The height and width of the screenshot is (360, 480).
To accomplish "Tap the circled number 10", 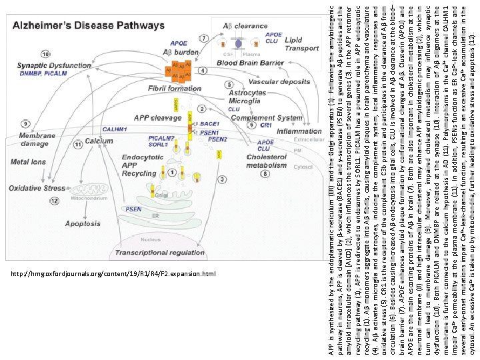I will [45, 54].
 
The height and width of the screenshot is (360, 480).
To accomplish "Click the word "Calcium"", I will [98, 141].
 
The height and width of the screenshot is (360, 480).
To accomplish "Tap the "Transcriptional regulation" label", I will [155, 253].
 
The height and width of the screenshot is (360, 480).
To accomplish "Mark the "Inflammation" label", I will [299, 131].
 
